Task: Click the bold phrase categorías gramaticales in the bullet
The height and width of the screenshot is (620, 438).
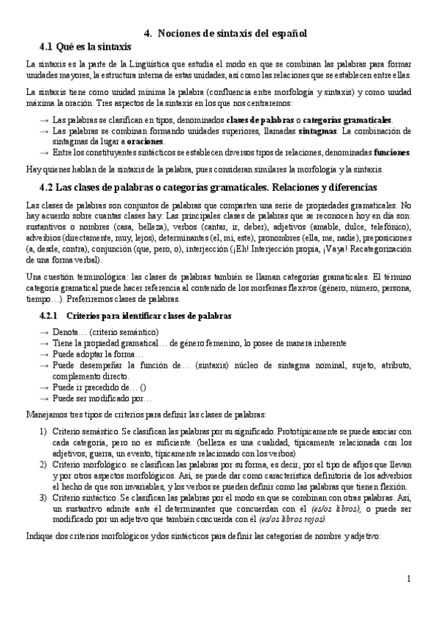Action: pyautogui.click(x=347, y=120)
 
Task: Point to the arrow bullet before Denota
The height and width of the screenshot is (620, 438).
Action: pyautogui.click(x=45, y=332)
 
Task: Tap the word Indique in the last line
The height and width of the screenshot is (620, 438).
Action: pyautogui.click(x=39, y=537)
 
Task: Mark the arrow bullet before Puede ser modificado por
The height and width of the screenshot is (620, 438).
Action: pyautogui.click(x=45, y=398)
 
